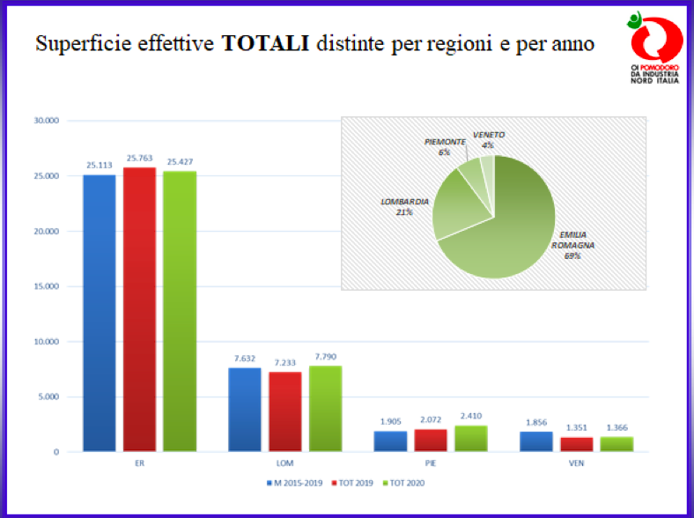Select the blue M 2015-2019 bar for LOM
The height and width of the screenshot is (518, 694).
coord(244,410)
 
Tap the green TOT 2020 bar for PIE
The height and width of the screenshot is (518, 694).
coord(470,439)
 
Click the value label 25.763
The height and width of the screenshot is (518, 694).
coord(141,159)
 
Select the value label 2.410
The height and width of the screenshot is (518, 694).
coord(470,416)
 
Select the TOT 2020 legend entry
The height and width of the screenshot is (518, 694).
coord(411,483)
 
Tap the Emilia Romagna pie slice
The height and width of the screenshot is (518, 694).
coord(511,229)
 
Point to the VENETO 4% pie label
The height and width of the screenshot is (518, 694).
coord(489,139)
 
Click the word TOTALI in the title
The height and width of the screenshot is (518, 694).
coord(265,43)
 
